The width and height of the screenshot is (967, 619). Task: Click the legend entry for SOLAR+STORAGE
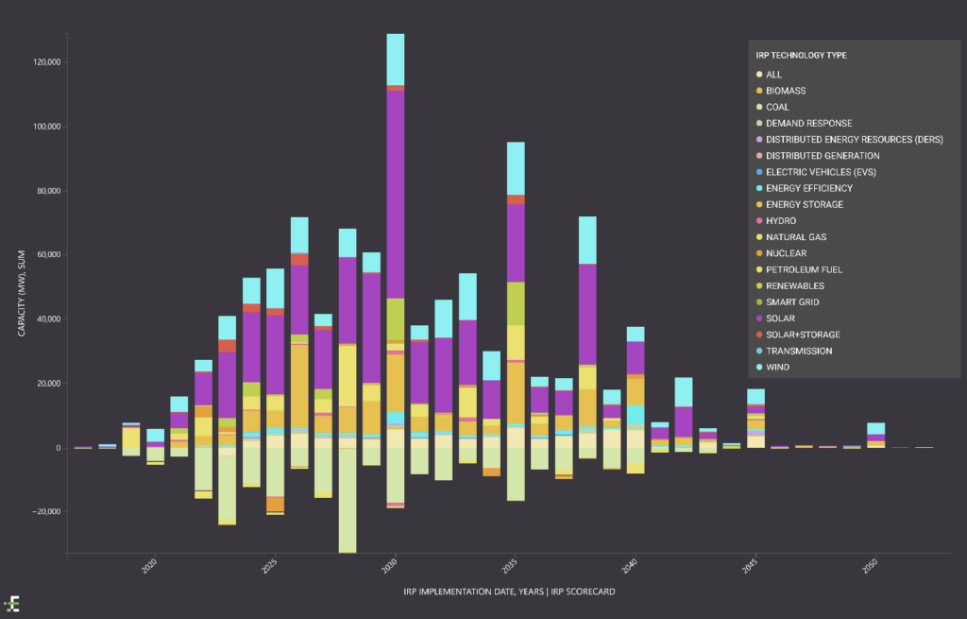click(x=803, y=335)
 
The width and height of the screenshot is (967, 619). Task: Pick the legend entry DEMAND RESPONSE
click(x=808, y=123)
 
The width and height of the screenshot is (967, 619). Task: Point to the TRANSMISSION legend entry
click(x=799, y=351)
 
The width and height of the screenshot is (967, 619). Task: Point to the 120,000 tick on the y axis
click(x=45, y=62)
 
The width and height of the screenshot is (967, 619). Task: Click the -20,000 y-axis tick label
click(x=44, y=512)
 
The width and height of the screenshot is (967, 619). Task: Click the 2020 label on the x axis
click(x=150, y=567)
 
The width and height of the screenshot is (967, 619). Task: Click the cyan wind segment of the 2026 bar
click(x=299, y=235)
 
